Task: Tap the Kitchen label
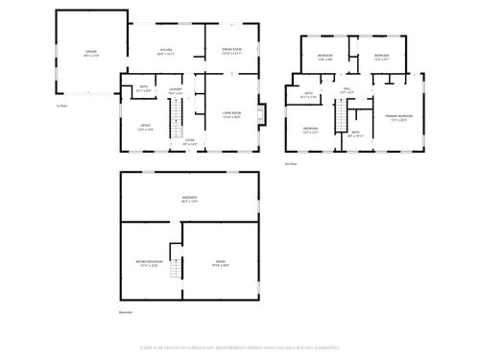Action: pyautogui.click(x=165, y=53)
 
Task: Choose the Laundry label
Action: pyautogui.click(x=176, y=91)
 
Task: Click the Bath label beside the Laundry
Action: pyautogui.click(x=142, y=89)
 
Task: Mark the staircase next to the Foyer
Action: pyautogui.click(x=175, y=121)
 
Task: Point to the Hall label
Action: pyautogui.click(x=348, y=90)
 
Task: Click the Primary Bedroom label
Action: pyautogui.click(x=396, y=117)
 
